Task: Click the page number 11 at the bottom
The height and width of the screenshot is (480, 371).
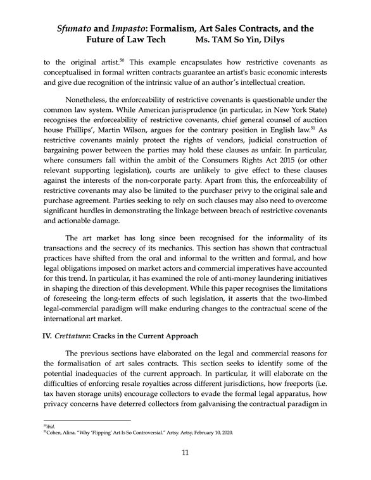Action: click(x=185, y=452)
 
